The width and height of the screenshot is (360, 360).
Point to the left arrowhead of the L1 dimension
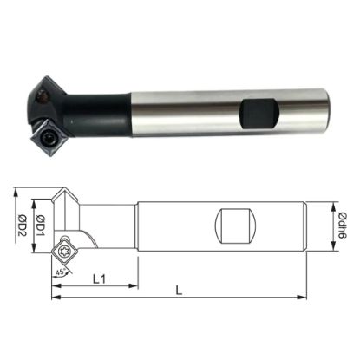[x=60, y=284]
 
